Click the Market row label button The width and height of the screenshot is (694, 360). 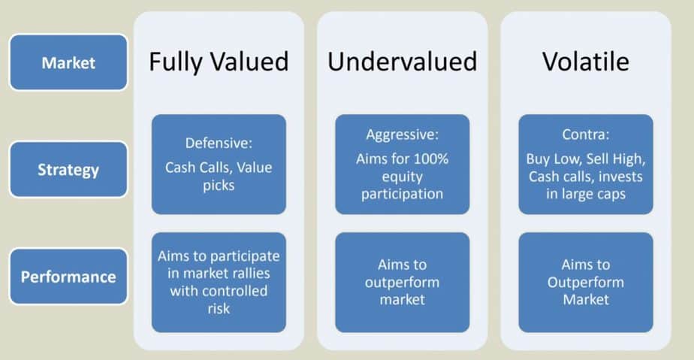coord(68,62)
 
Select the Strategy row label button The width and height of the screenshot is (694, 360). coord(68,170)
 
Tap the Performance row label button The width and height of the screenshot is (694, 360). coord(68,277)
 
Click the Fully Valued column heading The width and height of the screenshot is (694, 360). coord(219,61)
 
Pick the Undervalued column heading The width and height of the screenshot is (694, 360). coord(402,61)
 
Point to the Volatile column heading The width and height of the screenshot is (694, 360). coord(586,61)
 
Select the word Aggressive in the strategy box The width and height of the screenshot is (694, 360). coord(399,135)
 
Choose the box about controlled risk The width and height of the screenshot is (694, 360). coord(219,282)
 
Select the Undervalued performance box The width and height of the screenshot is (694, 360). coord(402,282)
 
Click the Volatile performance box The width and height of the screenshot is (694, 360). coord(586,282)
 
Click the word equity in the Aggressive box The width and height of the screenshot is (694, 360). coord(402,177)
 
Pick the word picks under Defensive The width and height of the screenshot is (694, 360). coord(219,186)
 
